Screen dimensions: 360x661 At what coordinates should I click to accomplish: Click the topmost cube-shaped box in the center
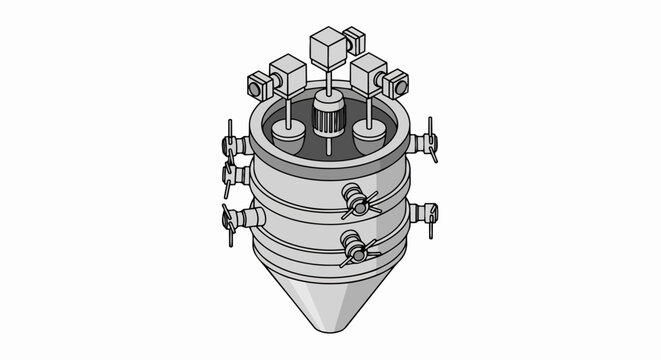click(327, 48)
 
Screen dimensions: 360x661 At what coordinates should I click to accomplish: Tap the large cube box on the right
click(368, 72)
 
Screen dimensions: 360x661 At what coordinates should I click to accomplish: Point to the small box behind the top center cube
click(354, 42)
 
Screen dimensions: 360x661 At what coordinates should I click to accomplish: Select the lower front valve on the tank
click(355, 246)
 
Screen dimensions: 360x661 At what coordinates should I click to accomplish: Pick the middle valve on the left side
click(232, 177)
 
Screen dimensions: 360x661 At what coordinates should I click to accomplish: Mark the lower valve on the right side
click(425, 213)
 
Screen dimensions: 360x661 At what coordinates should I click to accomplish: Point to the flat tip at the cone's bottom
click(328, 328)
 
